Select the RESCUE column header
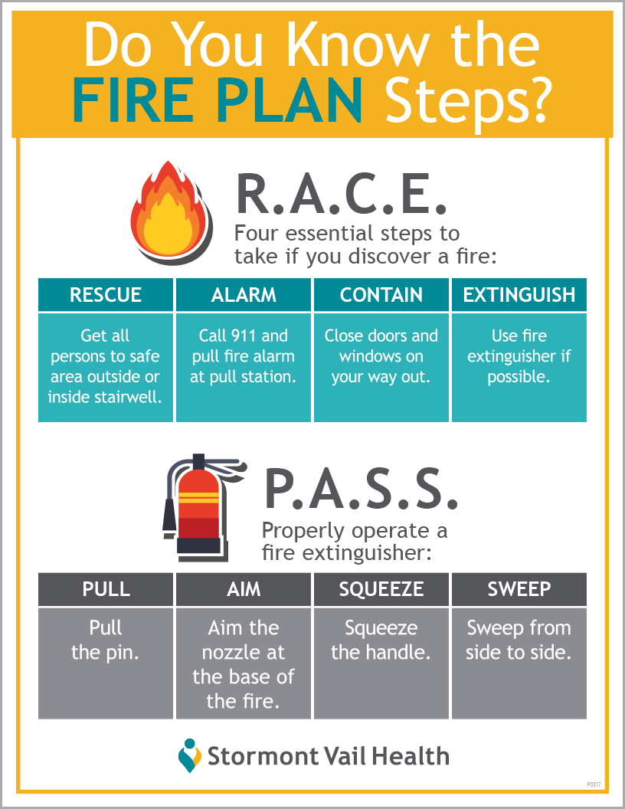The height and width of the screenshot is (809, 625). point(106,295)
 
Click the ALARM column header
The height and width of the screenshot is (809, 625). point(244,295)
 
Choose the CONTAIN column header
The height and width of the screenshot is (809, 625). point(381,295)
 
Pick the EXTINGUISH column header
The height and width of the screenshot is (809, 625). point(519,295)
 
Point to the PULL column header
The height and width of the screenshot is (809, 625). point(106,589)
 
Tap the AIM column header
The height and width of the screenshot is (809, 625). point(244,589)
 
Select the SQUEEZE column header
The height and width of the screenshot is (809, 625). point(381,589)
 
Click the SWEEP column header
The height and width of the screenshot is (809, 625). point(519,589)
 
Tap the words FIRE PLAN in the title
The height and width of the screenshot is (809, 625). point(217,100)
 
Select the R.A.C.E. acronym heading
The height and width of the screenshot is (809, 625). point(341,195)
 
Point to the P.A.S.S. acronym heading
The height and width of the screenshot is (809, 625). point(361,489)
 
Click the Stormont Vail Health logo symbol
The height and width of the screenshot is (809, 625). point(189,755)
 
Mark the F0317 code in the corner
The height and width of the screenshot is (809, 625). point(594,784)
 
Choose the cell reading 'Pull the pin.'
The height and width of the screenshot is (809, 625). point(106,663)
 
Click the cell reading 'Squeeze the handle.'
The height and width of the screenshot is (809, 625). point(381,663)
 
